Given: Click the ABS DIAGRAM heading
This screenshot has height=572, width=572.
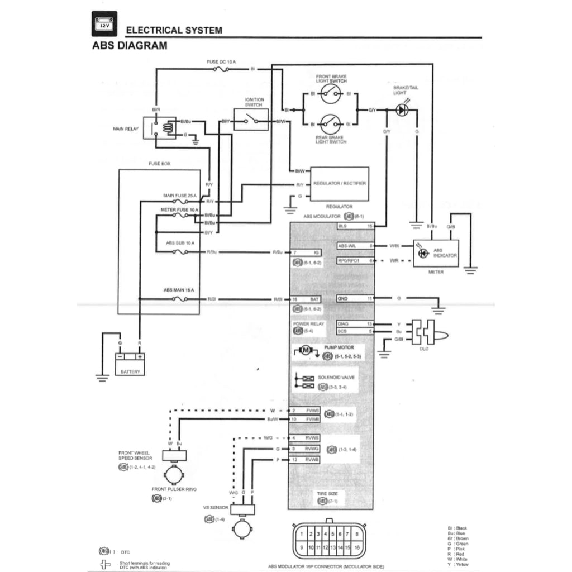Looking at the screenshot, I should coord(129,46).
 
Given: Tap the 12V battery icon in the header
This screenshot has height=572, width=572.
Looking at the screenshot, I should coord(104,25).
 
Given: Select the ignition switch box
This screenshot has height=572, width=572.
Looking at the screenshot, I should coord(251,120).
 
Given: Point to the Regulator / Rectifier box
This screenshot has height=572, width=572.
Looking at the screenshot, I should coord(339,183).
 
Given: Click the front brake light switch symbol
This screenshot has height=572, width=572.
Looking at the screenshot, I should coord(331,94).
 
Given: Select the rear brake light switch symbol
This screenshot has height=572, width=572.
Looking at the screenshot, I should coord(331,123).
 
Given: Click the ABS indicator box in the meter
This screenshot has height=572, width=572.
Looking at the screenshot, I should coord(436,254).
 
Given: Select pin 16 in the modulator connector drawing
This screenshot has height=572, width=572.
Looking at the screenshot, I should coord(355,547).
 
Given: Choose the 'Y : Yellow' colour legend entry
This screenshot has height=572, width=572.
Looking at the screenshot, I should coord(459,564).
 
